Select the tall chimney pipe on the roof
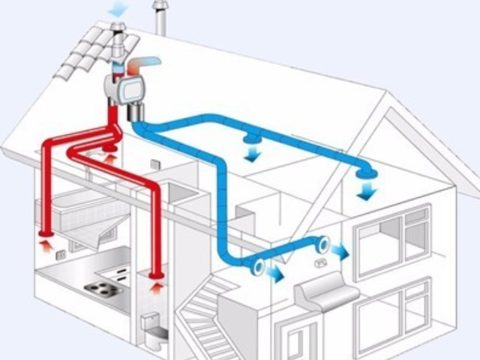pyautogui.click(x=159, y=16)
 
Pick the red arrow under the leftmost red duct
pyautogui.click(x=43, y=242)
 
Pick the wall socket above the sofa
pyautogui.click(x=320, y=263)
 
